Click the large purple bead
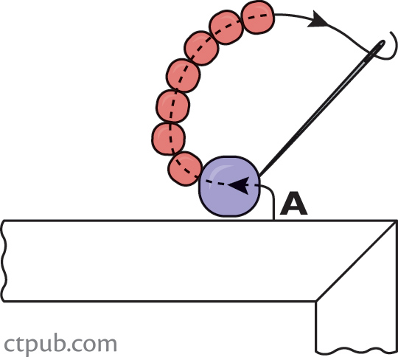229,187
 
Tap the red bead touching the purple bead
185,169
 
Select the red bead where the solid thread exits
258,17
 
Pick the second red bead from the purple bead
168,139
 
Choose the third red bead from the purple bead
173,106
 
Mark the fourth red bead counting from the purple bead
184,75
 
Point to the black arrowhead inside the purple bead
238,185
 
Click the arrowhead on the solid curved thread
318,19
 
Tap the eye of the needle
380,46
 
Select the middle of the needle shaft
322,108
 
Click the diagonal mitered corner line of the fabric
357,261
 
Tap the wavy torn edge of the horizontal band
4,261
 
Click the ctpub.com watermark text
60,344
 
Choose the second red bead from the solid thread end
226,27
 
